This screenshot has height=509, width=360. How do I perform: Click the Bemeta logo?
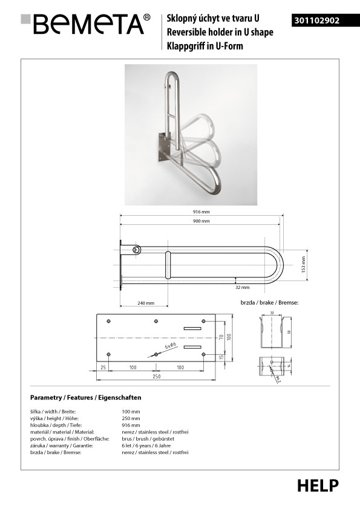(85, 24)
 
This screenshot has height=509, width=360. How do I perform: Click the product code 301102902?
(317, 21)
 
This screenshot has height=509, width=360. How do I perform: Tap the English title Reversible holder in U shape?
(220, 32)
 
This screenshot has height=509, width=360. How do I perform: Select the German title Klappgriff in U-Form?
(205, 46)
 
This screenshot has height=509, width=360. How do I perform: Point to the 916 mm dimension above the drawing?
(201, 212)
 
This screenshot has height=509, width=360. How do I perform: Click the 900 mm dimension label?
(201, 221)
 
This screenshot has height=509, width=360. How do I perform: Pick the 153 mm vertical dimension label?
(304, 264)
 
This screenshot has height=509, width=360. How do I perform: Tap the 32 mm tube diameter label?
(243, 287)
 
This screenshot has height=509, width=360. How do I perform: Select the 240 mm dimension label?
(146, 303)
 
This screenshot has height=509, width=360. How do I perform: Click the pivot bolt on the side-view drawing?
(137, 249)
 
